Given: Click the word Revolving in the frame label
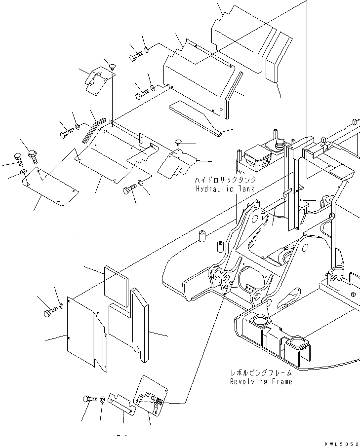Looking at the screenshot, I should coord(247,381).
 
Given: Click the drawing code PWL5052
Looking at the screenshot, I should coord(341,443).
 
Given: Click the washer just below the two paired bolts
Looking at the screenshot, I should coord(23,174).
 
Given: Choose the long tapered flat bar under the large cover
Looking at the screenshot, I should coord(198,118).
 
